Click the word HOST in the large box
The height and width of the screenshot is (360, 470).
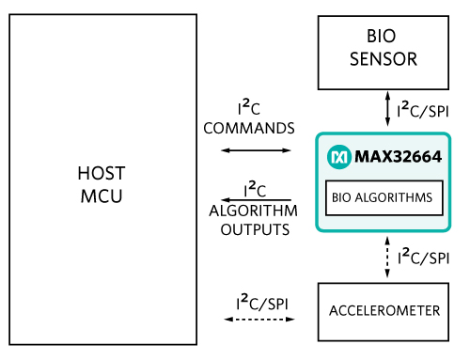pos(102,173)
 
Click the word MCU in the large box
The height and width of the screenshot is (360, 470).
pos(102,196)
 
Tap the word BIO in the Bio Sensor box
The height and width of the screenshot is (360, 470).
pos(382,36)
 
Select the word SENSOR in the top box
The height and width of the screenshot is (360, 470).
pos(384,59)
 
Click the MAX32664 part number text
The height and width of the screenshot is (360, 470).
pos(398,156)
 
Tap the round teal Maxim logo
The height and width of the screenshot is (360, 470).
pos(339,157)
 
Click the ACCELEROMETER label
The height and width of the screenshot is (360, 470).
pos(384,311)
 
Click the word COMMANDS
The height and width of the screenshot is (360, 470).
pos(249,129)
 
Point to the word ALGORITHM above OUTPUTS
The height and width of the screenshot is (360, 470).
pos(253,211)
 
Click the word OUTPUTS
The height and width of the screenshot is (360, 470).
pos(255,230)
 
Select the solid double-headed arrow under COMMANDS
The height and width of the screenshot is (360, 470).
pos(256,150)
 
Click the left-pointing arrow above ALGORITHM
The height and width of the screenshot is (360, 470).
pos(256,200)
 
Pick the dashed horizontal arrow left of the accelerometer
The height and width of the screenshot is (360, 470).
pos(259,320)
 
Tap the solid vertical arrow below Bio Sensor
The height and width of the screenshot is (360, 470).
pos(387,109)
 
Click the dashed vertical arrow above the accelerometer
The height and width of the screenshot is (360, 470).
pos(387,258)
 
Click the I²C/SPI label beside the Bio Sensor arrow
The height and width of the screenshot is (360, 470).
pos(423,110)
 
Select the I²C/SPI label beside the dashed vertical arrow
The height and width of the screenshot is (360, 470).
pos(424,257)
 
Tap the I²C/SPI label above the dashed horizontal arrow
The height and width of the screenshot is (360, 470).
pos(262,303)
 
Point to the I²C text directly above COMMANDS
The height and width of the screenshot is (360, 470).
pos(249,107)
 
